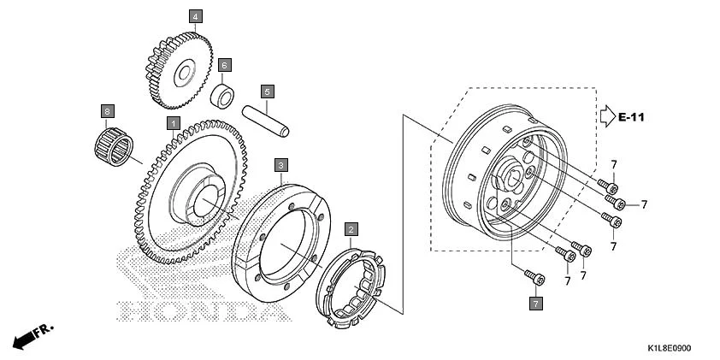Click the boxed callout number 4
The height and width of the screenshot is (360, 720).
pos(195,16)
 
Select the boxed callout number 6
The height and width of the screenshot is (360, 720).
pos(225,65)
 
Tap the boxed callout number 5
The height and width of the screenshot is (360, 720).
pos(267,91)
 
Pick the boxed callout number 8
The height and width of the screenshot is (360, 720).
pos(108,111)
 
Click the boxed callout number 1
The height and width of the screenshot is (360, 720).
pos(173,124)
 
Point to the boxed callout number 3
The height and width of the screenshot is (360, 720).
pos(280,163)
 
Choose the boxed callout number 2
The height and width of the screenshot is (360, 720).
pos(351,228)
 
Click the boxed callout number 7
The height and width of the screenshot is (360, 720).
pos(535,303)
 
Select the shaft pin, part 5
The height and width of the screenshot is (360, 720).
pos(266,121)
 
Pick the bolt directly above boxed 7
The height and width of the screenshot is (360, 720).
pos(534,276)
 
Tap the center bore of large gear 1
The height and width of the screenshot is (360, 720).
pos(205,201)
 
